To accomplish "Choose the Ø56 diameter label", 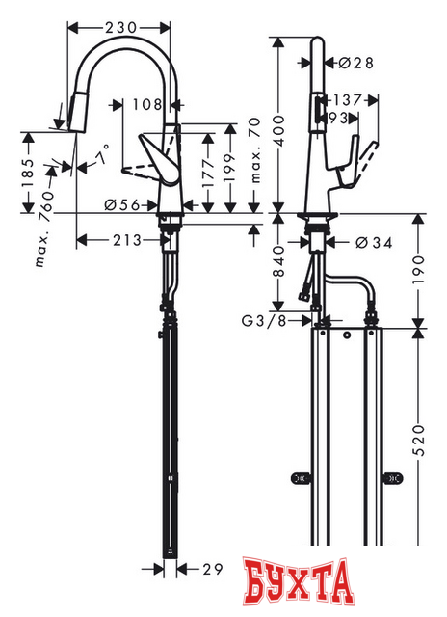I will [x=120, y=204].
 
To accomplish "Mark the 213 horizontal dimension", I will [x=122, y=240].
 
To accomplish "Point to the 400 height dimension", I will [x=278, y=122].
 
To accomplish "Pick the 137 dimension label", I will [x=349, y=100].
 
